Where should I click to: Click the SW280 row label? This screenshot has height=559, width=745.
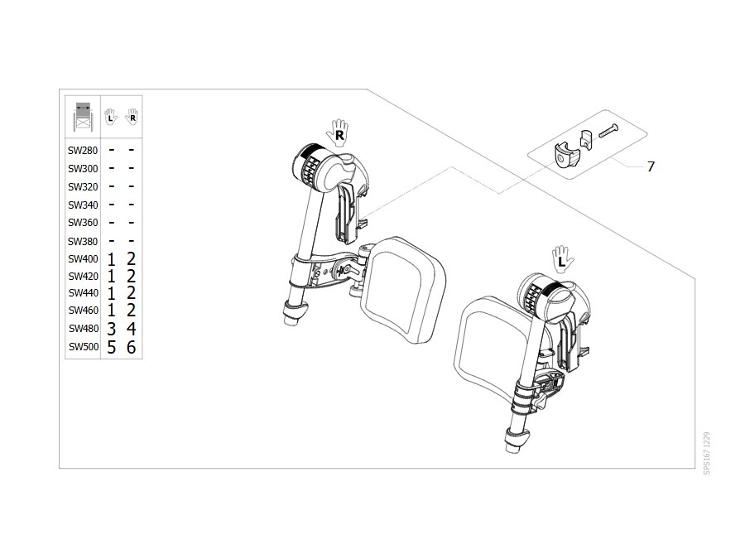coord(83,150)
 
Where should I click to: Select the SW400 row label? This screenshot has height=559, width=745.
coord(83,259)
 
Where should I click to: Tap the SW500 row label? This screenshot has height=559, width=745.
coord(84,346)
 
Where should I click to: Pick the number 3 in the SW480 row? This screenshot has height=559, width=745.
coord(111,329)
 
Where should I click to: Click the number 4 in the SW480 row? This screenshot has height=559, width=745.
coord(132,329)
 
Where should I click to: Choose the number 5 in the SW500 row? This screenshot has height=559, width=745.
coord(111,347)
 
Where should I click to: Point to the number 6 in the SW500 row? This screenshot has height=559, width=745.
coord(132,347)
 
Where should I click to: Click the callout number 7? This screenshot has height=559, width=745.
coord(651,166)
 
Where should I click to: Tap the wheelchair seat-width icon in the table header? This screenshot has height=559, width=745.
coord(83,117)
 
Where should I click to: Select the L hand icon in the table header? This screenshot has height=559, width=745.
coord(111,117)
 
